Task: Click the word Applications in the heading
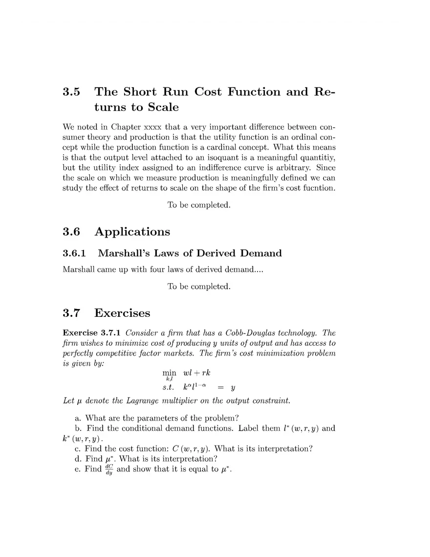point(132,232)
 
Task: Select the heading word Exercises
point(122,313)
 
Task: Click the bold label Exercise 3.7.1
point(92,333)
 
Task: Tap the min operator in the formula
point(169,373)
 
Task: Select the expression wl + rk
point(196,373)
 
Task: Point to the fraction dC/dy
point(109,470)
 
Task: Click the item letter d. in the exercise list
point(79,459)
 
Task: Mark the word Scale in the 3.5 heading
point(163,107)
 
